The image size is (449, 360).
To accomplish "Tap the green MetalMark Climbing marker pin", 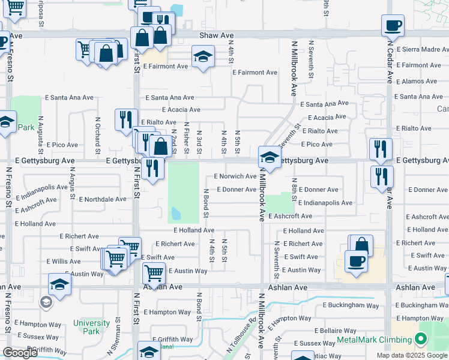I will click(x=420, y=340).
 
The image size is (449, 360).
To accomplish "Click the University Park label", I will click(x=91, y=327).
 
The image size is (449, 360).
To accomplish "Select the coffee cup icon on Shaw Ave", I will click(x=393, y=25).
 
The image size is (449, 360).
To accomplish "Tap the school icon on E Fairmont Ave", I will click(x=203, y=58).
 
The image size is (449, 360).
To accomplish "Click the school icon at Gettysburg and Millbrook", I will click(x=270, y=158).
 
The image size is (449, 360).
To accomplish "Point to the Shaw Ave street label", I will click(x=216, y=36).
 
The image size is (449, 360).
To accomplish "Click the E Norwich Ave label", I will click(x=235, y=176).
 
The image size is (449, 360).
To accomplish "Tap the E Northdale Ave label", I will click(x=103, y=199).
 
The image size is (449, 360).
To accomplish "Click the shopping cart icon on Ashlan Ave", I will click(x=154, y=274).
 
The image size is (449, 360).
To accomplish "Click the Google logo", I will click(x=20, y=353).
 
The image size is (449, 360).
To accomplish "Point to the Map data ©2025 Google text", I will click(x=412, y=355).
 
